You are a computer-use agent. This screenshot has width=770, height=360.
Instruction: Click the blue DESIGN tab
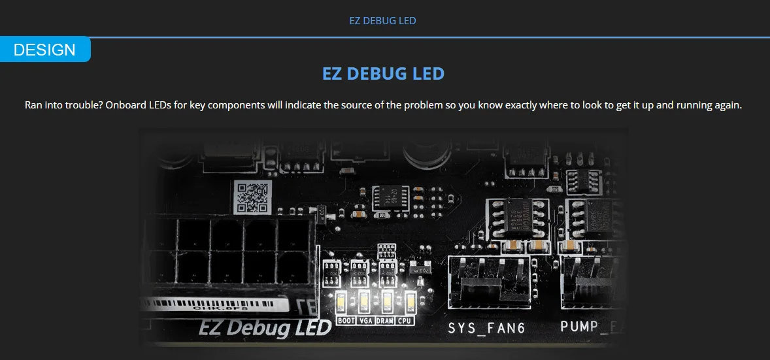point(44,50)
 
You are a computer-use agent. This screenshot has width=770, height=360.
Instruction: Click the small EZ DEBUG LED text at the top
point(382,21)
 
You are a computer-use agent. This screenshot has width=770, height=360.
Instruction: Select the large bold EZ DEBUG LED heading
point(383,73)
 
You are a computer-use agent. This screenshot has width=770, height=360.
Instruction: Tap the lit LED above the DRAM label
point(387,302)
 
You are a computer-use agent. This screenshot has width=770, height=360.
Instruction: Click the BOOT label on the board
point(346,321)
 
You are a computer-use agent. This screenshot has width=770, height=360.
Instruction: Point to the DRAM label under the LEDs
point(386,321)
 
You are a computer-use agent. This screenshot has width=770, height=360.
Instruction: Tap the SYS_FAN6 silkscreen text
point(486,327)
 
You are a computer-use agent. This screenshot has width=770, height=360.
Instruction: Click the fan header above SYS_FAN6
point(488,282)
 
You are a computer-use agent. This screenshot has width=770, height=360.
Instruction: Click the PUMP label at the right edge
point(584,326)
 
